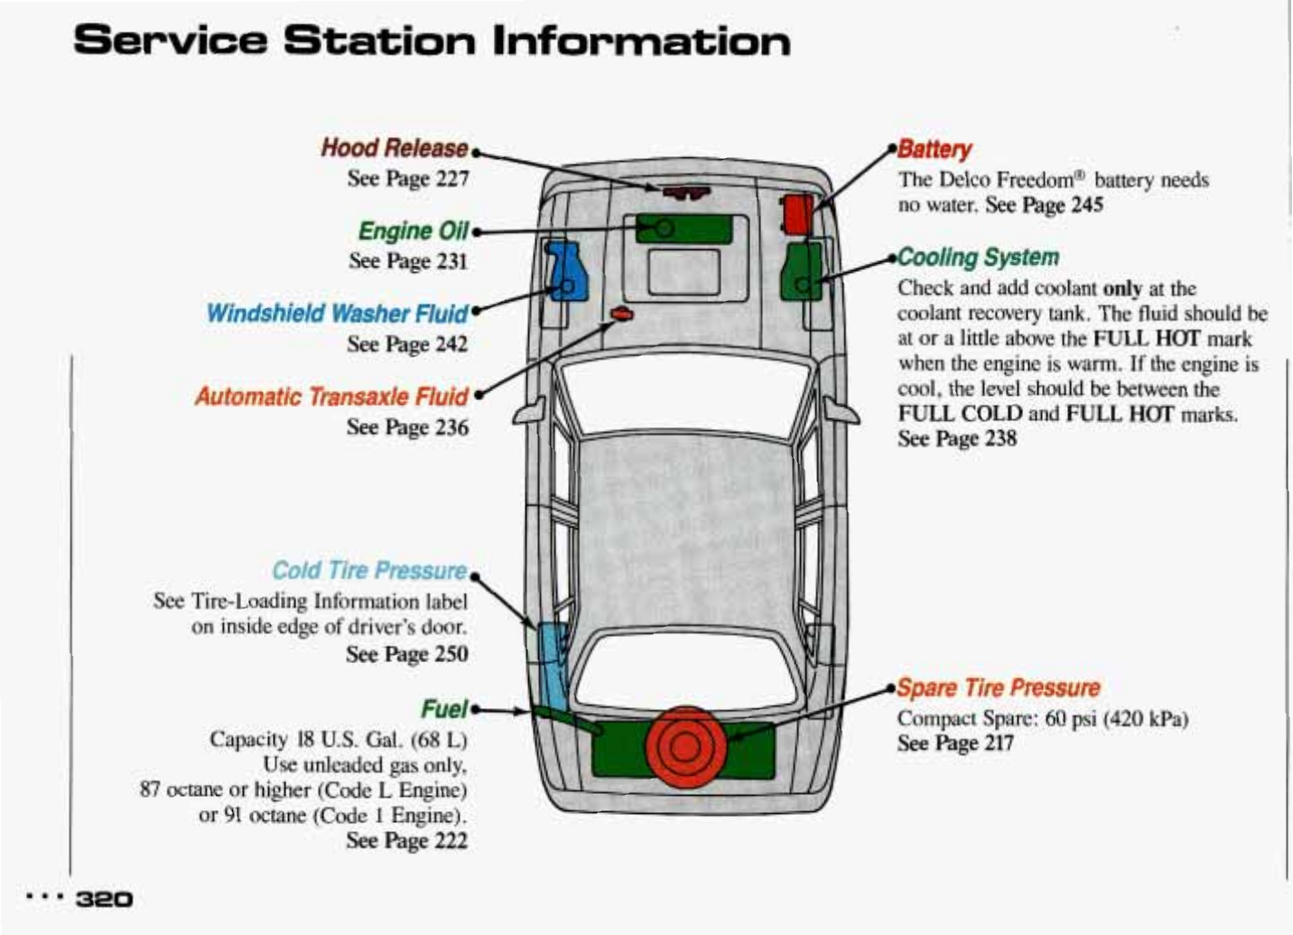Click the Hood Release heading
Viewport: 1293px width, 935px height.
point(395,147)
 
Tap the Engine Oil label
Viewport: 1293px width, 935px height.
point(414,230)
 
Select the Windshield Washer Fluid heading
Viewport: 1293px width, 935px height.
point(337,313)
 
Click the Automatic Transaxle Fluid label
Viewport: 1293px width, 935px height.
point(331,397)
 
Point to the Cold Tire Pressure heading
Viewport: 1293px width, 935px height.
point(369,570)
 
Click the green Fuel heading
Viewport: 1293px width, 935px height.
point(444,708)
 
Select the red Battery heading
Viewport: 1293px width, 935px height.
point(935,150)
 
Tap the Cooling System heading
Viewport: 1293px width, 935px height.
point(978,257)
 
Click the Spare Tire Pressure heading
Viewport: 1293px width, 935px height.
point(999,687)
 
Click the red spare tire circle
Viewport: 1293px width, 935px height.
point(684,745)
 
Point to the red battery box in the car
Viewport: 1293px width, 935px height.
point(797,214)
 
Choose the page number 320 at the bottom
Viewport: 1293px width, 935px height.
point(105,899)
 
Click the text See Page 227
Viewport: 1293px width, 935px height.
point(408,178)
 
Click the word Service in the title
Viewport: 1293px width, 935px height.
point(169,41)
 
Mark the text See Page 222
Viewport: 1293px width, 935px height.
point(406,840)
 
